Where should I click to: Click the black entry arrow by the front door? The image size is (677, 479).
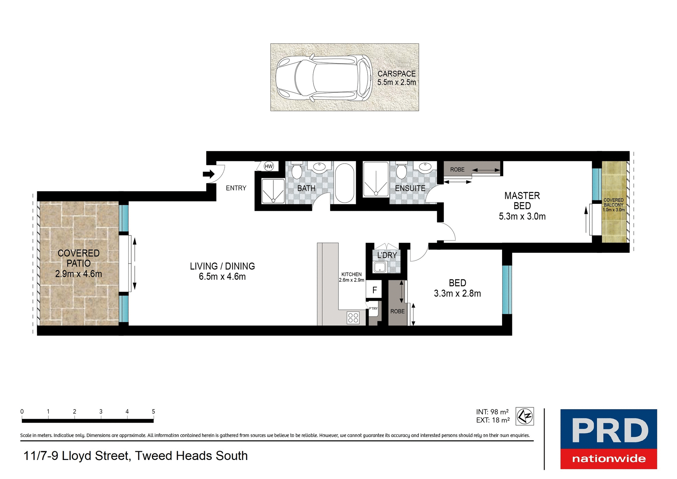(209, 174)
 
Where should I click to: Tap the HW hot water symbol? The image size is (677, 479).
(269, 166)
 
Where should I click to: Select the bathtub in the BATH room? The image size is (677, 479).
(344, 183)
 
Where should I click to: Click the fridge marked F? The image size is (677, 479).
(374, 290)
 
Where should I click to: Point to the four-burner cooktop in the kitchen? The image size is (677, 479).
(353, 318)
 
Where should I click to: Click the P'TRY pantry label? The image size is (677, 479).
(373, 309)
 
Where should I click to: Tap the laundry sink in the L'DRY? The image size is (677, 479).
(380, 267)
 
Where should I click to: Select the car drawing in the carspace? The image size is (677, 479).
(323, 78)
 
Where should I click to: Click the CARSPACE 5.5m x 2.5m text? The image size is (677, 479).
(396, 78)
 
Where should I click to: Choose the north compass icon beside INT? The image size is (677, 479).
(525, 416)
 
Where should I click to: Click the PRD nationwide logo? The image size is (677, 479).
(609, 439)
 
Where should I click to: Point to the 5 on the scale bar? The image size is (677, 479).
(153, 411)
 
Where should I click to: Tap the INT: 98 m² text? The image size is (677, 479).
(492, 412)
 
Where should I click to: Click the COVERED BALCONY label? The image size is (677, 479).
(614, 202)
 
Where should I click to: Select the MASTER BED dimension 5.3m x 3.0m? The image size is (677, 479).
(522, 217)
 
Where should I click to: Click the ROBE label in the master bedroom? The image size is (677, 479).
(457, 170)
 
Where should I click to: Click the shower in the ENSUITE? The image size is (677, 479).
(376, 180)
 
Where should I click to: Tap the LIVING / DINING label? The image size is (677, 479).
(222, 266)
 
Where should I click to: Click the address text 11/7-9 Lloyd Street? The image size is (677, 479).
(135, 456)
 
